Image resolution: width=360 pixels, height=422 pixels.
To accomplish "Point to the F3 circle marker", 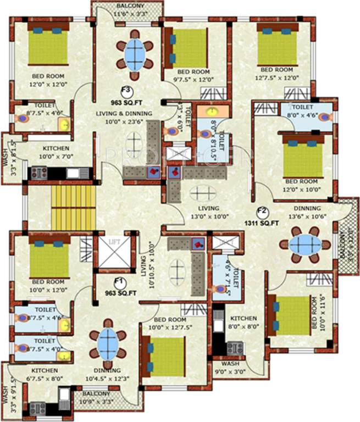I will click(x=126, y=91).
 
